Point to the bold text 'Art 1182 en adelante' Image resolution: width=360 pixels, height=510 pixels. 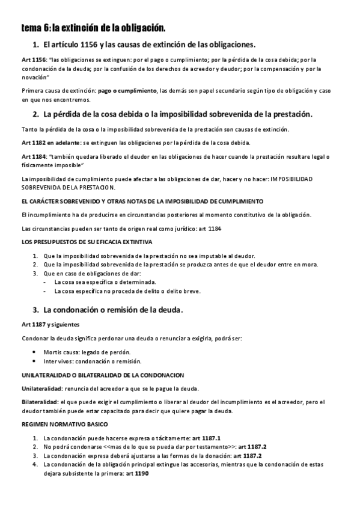tap(50, 143)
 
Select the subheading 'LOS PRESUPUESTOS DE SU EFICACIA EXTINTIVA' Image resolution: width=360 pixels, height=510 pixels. tap(87, 242)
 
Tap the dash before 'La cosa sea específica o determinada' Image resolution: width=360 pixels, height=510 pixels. tap(46, 282)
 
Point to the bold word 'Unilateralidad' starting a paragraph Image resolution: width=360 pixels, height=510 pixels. tap(41, 387)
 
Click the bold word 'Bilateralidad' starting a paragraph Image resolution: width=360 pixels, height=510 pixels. tap(40, 402)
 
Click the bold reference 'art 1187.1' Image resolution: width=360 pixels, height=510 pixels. tap(206, 438)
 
